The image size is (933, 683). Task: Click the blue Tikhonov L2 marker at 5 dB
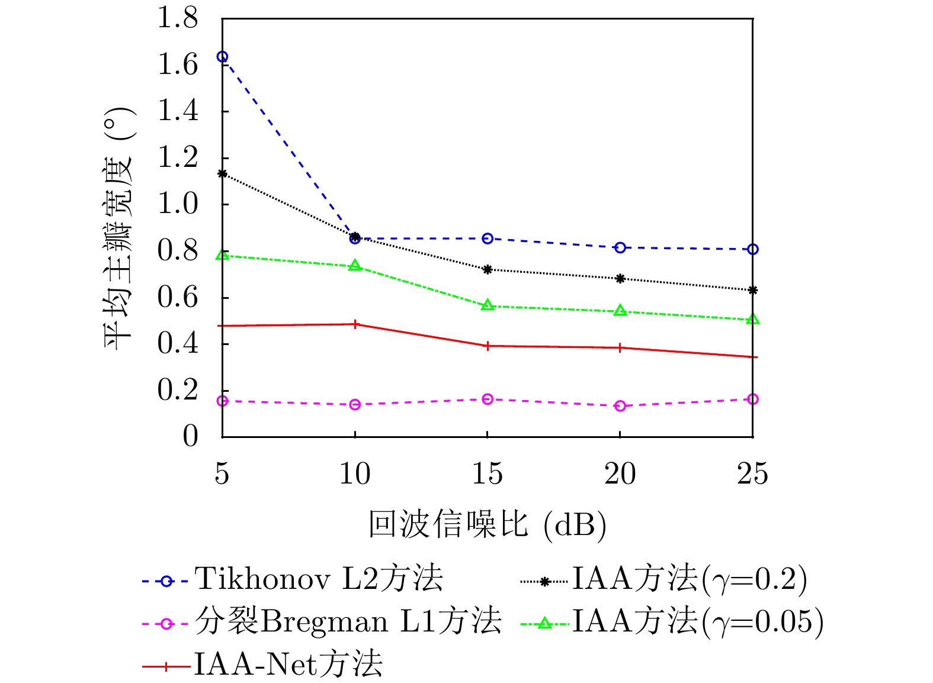click(x=222, y=57)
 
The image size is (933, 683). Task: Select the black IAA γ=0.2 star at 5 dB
click(x=222, y=173)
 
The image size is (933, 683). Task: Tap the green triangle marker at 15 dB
click(x=488, y=305)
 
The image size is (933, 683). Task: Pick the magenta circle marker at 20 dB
click(x=620, y=406)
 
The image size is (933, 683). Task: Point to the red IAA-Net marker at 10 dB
click(x=355, y=324)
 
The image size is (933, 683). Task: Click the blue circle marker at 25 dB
click(x=752, y=250)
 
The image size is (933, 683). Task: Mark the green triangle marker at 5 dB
click(x=222, y=255)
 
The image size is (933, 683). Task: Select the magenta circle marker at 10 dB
click(x=355, y=405)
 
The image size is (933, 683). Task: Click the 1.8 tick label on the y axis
click(x=177, y=18)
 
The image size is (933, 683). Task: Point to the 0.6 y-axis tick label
click(x=177, y=298)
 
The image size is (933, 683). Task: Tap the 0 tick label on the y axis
click(x=190, y=437)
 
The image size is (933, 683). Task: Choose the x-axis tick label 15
click(x=488, y=475)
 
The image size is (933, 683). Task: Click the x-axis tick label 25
click(x=752, y=475)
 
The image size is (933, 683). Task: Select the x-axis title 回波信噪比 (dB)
click(x=488, y=524)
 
